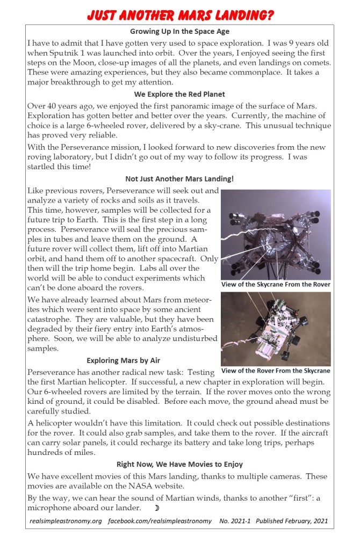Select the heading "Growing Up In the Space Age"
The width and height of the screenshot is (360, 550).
click(x=179, y=32)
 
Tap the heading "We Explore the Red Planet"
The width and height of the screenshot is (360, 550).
click(x=179, y=94)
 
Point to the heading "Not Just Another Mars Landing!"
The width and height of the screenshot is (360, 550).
click(x=179, y=179)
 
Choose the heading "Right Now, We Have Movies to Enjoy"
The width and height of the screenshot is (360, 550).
click(x=179, y=464)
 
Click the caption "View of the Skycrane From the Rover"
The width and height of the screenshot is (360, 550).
click(x=276, y=284)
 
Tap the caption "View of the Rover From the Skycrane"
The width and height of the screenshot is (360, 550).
click(x=276, y=371)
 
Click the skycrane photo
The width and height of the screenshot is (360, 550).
click(x=276, y=234)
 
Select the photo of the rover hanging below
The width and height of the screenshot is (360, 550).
click(x=276, y=329)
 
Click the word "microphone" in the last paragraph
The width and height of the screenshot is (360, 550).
click(x=52, y=508)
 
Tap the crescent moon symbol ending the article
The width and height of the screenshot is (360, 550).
click(x=157, y=508)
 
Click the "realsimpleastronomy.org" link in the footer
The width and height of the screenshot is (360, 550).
click(x=66, y=522)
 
